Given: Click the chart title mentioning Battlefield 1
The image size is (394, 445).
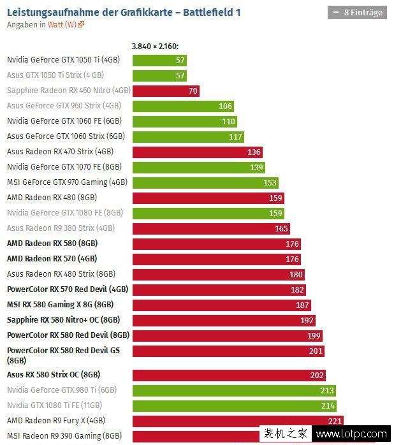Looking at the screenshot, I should pyautogui.click(x=124, y=12).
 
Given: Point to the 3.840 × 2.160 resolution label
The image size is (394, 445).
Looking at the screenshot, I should pyautogui.click(x=155, y=46).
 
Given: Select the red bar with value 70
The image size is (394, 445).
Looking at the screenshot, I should pyautogui.click(x=166, y=91).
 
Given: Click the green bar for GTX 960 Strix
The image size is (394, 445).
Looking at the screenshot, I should pyautogui.click(x=183, y=106).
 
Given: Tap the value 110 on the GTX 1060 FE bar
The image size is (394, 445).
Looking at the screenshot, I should pyautogui.click(x=228, y=122).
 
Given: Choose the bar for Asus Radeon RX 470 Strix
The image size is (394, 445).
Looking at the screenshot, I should pyautogui.click(x=197, y=152).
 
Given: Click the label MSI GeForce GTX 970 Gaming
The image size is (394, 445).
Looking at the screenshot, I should pyautogui.click(x=67, y=182).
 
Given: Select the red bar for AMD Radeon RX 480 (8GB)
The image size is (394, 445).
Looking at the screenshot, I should pyautogui.click(x=208, y=198).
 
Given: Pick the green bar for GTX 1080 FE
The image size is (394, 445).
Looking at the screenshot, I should pyautogui.click(x=208, y=213).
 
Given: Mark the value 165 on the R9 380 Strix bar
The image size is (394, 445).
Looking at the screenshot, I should pyautogui.click(x=281, y=228).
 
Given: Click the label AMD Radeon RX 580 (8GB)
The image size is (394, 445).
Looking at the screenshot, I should pyautogui.click(x=52, y=244).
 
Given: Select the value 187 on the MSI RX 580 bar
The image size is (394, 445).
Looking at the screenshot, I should pyautogui.click(x=302, y=305).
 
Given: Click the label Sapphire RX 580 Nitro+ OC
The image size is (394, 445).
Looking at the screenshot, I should pyautogui.click(x=63, y=320).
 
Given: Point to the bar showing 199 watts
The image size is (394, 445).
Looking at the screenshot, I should pyautogui.click(x=227, y=335).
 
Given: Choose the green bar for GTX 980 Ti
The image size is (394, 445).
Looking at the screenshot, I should pyautogui.click(x=234, y=390).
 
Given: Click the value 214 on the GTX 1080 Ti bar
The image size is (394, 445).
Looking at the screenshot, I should pyautogui.click(x=328, y=405).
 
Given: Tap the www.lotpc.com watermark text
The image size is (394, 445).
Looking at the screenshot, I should pyautogui.click(x=351, y=435).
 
